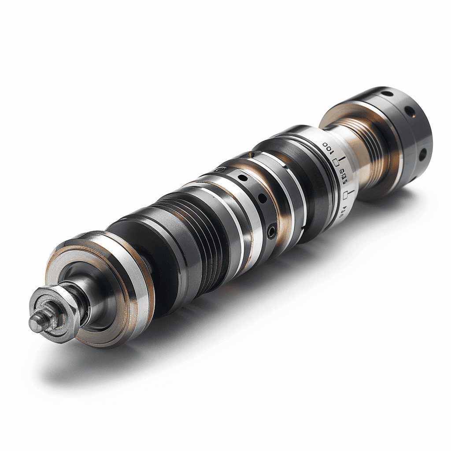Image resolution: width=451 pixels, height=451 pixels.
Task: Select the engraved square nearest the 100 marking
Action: tap(336, 163)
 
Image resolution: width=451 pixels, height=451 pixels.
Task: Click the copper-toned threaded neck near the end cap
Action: tap(370, 150)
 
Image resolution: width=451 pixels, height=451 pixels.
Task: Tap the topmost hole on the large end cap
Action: tap(387, 94)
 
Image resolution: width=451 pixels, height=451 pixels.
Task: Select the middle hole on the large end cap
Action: tap(412, 111)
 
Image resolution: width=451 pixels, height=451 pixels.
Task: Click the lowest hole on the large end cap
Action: tap(421, 154)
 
